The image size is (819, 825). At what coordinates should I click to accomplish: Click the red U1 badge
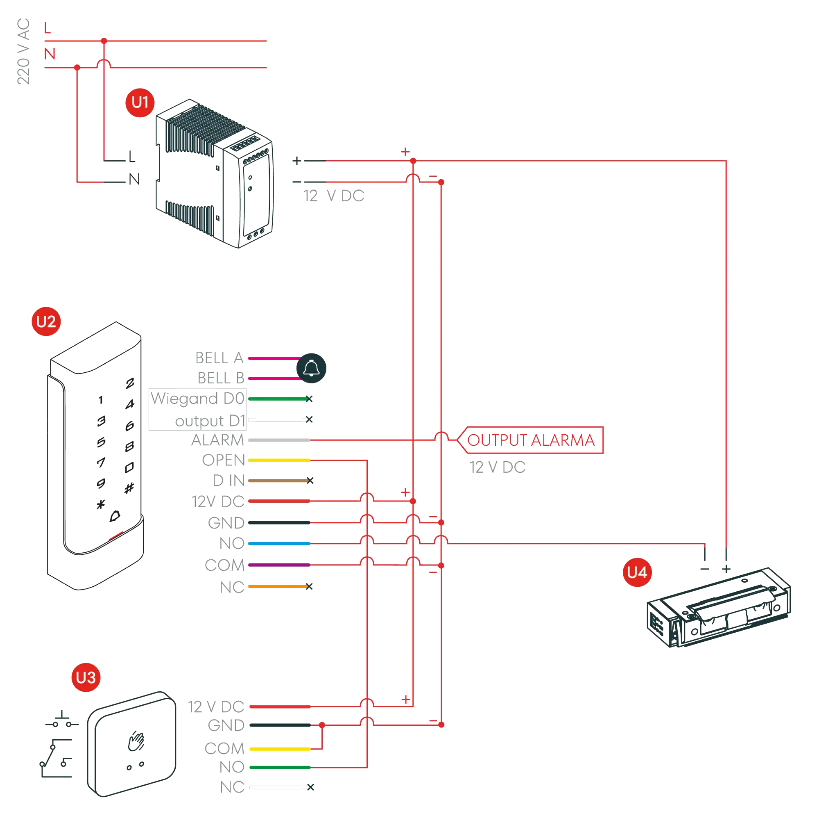140,103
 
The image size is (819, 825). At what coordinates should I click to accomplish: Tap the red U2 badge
46,321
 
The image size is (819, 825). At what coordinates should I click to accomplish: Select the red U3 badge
86,677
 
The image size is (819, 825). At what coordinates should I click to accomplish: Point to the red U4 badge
637,572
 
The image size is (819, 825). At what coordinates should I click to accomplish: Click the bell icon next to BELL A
311,368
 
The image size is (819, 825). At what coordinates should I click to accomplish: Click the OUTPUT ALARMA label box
531,440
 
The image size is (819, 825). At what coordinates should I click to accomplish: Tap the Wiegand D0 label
197,399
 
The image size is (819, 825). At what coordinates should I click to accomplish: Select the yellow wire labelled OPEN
279,460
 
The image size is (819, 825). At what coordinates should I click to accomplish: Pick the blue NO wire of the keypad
279,544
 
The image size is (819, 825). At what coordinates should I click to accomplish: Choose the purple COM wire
279,565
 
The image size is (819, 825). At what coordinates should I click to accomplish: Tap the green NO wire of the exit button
279,767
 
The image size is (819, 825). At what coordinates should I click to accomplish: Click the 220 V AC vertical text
23,51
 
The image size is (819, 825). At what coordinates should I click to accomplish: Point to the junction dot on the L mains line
104,41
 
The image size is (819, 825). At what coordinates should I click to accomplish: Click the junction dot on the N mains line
77,68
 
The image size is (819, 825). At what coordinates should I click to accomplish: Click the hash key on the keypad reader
129,488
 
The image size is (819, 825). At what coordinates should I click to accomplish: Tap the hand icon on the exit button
136,741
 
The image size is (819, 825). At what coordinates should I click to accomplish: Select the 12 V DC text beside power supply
334,196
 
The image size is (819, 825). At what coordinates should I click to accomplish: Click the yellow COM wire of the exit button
279,749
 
